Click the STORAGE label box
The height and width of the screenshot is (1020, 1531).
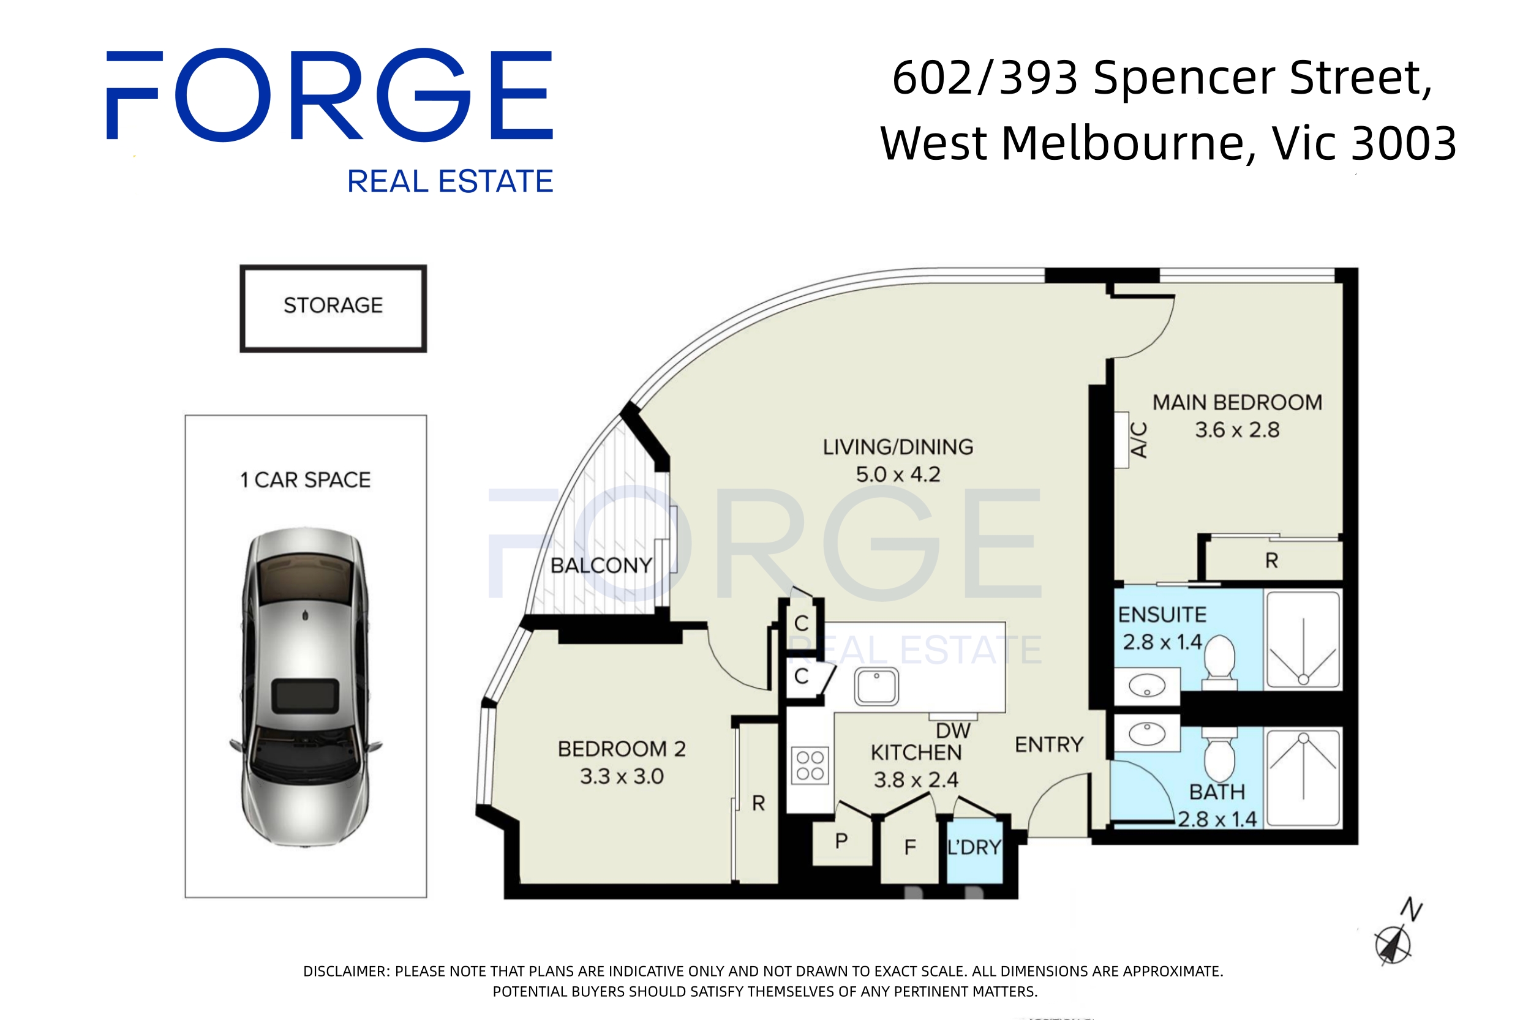333,307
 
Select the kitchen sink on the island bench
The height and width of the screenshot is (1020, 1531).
876,686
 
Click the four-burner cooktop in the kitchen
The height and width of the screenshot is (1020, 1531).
810,765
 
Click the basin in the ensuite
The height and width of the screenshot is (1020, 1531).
1146,686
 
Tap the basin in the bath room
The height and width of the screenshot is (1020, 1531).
1146,733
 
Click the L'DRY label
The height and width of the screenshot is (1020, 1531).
973,847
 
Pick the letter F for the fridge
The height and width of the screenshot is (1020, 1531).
909,847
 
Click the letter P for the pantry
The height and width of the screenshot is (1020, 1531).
841,841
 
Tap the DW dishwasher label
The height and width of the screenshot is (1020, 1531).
952,731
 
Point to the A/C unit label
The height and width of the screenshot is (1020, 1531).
1138,440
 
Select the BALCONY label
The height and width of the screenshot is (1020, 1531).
601,565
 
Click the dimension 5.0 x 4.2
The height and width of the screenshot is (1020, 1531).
898,474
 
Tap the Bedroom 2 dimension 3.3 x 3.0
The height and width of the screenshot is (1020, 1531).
622,776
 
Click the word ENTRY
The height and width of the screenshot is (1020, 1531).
1049,744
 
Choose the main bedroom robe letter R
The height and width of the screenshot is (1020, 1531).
1271,561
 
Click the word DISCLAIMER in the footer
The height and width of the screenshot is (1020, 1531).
345,971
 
